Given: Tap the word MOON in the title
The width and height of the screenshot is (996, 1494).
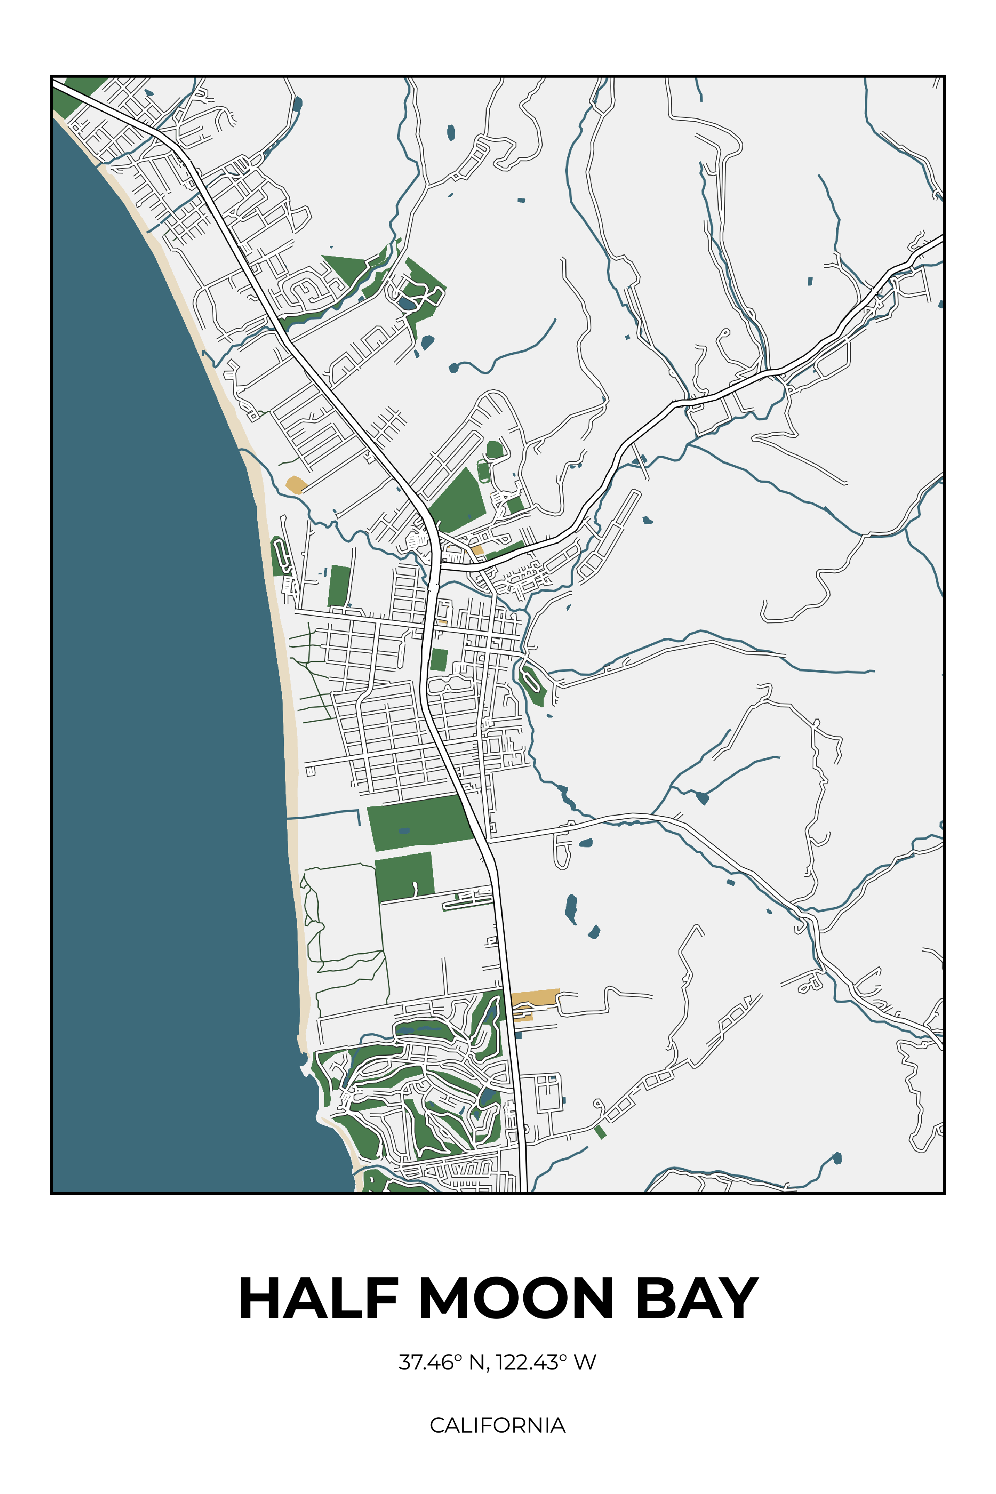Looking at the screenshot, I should (516, 1299).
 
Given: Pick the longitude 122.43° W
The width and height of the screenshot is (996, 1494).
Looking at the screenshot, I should (546, 1362).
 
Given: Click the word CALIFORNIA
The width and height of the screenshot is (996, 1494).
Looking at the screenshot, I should (497, 1426).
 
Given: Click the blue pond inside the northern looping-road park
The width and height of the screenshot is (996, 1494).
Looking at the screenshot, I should (405, 304).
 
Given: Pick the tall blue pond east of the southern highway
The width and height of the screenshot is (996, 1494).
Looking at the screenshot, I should (571, 908).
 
